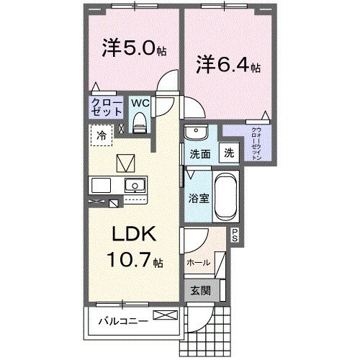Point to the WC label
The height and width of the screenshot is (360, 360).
coord(140,103)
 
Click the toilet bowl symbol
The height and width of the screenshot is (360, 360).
coord(141,124)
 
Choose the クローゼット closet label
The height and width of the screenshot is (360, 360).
coord(105,108)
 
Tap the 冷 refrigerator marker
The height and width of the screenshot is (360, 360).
coord(102,135)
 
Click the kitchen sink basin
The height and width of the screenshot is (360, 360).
coord(133,186)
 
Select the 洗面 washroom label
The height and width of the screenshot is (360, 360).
coord(199,153)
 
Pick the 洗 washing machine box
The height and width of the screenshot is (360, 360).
coord(228,153)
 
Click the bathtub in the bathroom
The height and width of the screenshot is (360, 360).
coord(226,196)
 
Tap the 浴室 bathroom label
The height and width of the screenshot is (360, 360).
coord(199,197)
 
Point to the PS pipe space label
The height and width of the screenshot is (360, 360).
coord(235,233)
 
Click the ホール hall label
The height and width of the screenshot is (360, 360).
coord(198,262)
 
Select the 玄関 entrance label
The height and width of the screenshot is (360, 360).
coord(200,291)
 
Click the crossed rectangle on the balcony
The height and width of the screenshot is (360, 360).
coord(163,315)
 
